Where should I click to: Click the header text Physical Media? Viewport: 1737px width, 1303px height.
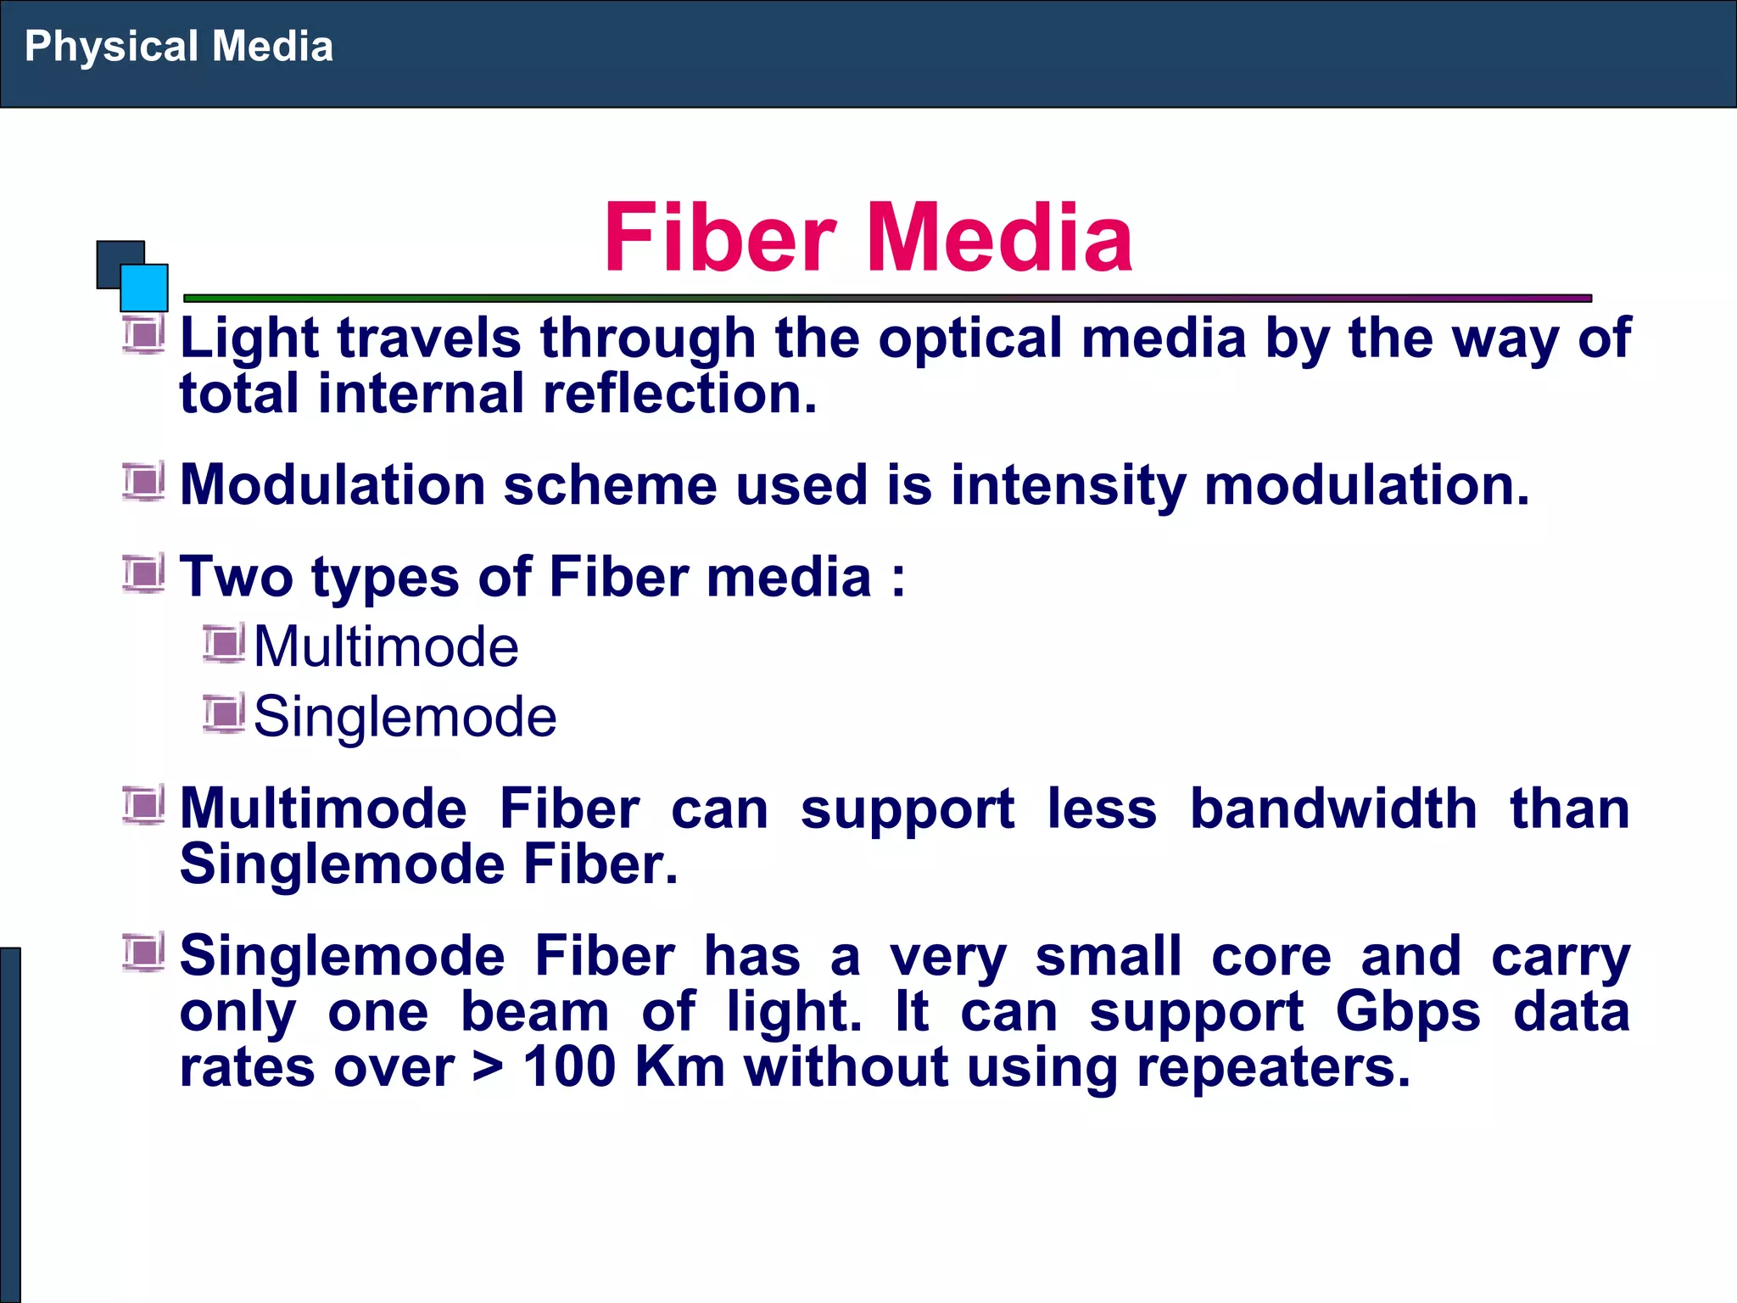click(178, 47)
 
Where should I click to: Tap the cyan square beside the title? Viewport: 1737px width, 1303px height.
click(144, 288)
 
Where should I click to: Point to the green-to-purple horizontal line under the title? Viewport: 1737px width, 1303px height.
click(887, 299)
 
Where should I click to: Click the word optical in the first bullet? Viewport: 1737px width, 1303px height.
click(969, 338)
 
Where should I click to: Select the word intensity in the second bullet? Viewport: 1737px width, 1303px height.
click(1068, 485)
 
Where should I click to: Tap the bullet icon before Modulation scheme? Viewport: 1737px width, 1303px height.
click(142, 482)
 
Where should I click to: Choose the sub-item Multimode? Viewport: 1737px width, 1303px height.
click(386, 647)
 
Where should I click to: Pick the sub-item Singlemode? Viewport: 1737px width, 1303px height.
click(405, 718)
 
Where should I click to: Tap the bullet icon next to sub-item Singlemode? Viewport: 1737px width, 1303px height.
click(224, 713)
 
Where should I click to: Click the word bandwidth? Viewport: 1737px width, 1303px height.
click(1333, 808)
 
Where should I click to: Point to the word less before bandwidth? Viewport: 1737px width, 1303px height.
click(1102, 808)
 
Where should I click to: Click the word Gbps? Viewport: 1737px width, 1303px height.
click(1408, 1012)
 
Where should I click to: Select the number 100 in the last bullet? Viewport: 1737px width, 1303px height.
click(569, 1067)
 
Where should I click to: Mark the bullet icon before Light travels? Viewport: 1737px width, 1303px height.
click(142, 334)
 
